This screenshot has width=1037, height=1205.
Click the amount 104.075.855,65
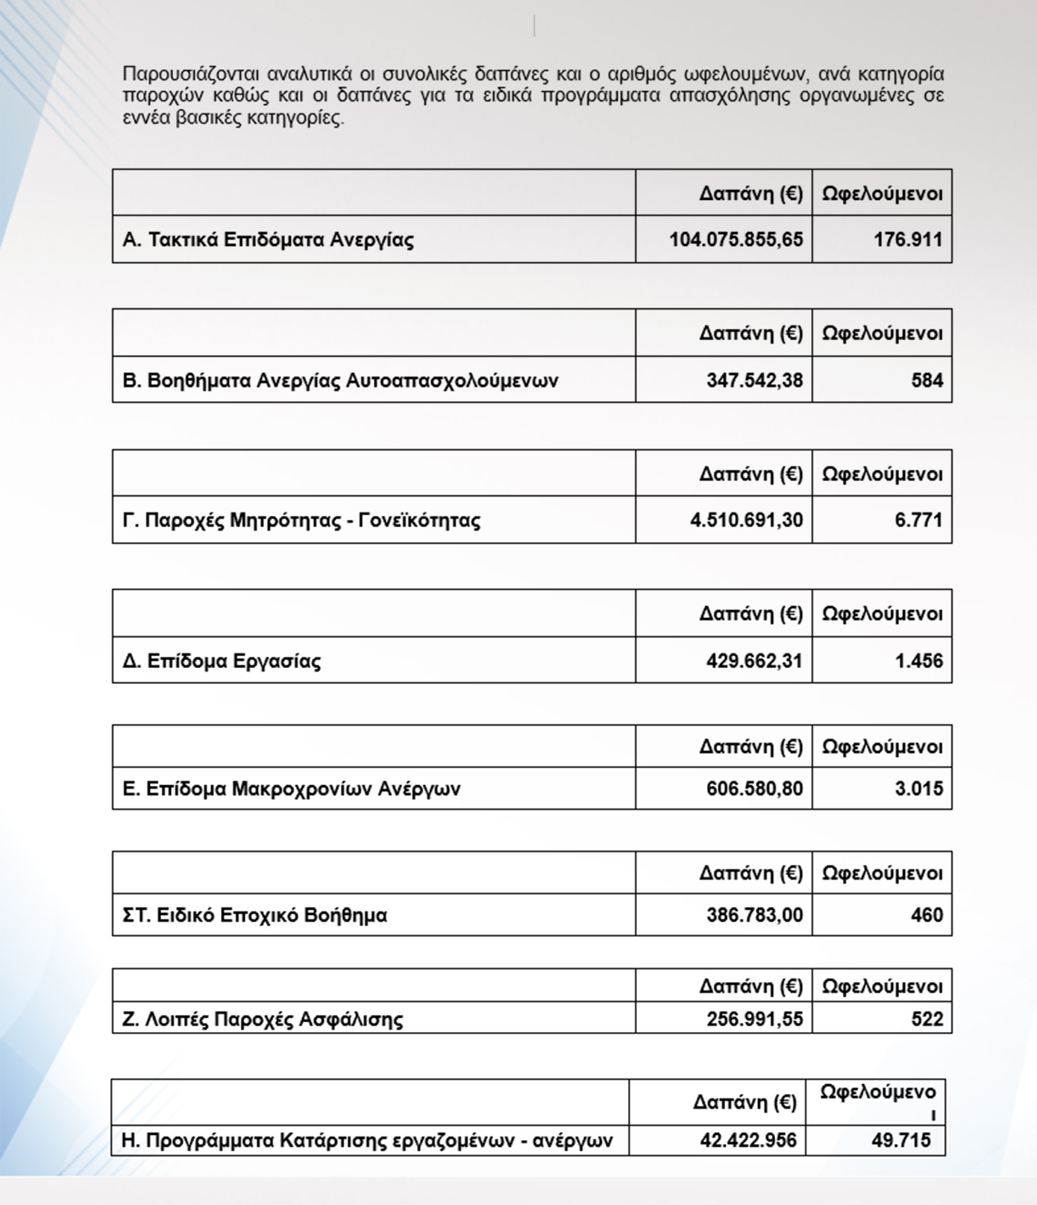point(736,239)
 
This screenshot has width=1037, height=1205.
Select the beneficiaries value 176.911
point(908,239)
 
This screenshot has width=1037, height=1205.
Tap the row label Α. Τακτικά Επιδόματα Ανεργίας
point(268,239)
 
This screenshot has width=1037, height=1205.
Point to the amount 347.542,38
point(754,380)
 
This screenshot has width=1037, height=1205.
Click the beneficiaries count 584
point(927,380)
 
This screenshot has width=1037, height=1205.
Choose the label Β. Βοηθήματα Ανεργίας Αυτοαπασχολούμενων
point(340,380)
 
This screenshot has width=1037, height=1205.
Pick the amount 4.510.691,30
point(746,520)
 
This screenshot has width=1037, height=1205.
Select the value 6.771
point(918,520)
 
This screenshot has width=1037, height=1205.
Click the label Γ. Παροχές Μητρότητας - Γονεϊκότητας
point(301,520)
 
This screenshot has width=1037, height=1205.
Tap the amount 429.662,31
point(754,661)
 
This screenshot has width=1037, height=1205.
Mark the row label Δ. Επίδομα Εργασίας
point(222,661)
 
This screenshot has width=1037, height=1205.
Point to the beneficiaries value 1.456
point(918,661)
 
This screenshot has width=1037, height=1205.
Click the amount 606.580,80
point(754,788)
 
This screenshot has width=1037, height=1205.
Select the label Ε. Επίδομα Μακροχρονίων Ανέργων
point(291,788)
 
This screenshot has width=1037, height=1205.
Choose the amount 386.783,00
point(754,915)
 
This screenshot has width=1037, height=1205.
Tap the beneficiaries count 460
point(927,915)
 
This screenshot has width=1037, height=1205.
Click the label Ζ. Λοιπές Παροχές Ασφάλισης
point(263,1019)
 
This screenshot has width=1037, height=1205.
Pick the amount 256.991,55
point(754,1019)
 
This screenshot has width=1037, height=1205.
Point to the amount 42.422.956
point(748,1140)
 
